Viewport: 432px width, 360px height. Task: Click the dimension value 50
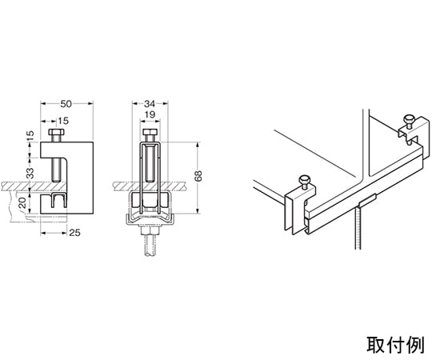point(66,104)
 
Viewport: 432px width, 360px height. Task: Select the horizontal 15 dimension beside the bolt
point(63,121)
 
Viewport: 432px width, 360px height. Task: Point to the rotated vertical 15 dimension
point(30,136)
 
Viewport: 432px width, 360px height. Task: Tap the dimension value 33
point(30,174)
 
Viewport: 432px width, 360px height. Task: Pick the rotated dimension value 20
point(22,202)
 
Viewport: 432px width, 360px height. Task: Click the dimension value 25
point(74,233)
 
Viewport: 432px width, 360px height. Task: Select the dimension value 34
point(150,104)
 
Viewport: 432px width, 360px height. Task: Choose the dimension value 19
point(150,114)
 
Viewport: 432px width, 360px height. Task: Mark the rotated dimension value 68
point(198,176)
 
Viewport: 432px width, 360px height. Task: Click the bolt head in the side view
point(57,132)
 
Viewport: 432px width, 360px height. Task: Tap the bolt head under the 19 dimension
point(150,132)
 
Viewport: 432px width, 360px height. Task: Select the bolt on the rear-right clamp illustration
point(408,122)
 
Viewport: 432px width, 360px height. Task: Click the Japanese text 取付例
point(395,344)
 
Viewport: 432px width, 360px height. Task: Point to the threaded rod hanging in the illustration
point(358,229)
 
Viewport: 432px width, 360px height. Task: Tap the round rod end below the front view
point(150,246)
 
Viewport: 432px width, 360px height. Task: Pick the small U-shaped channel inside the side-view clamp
point(59,200)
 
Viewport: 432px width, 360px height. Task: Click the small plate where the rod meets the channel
point(367,201)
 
